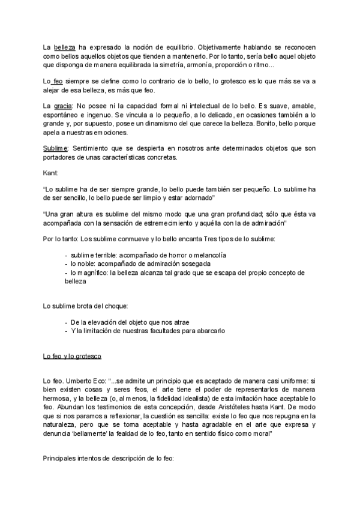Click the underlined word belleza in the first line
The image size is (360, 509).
(64, 47)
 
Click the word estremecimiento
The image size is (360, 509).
(188, 223)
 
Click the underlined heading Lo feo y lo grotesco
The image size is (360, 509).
(72, 357)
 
